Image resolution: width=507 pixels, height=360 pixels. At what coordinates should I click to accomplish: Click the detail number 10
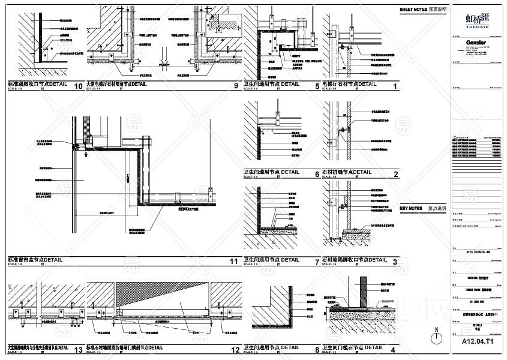[x=78, y=86]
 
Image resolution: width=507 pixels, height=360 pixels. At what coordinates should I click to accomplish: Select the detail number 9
[x=236, y=86]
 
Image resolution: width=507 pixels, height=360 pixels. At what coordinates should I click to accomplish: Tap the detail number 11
[x=234, y=261]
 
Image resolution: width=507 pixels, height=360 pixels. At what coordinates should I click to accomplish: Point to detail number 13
[x=78, y=349]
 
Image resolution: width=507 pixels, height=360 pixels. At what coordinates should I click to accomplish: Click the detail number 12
[x=234, y=349]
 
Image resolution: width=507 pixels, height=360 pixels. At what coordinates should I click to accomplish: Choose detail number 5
[x=317, y=86]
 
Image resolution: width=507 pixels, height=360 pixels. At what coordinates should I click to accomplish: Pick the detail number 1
[x=395, y=86]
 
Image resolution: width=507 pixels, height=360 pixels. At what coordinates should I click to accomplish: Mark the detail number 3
[x=395, y=262]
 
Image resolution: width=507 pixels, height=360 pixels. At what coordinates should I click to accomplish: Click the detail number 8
[x=317, y=349]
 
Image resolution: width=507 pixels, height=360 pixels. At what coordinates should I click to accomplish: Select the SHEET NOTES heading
[x=423, y=10]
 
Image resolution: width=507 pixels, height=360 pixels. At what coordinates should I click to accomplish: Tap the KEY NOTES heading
[x=422, y=209]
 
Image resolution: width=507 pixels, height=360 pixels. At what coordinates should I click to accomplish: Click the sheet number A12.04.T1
[x=478, y=341]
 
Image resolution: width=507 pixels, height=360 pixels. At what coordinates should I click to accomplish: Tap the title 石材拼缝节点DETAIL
[x=347, y=172]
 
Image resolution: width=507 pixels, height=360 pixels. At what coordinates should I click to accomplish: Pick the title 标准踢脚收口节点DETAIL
[x=38, y=85]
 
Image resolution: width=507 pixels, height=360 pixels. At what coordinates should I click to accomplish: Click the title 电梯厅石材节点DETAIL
[x=350, y=84]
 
